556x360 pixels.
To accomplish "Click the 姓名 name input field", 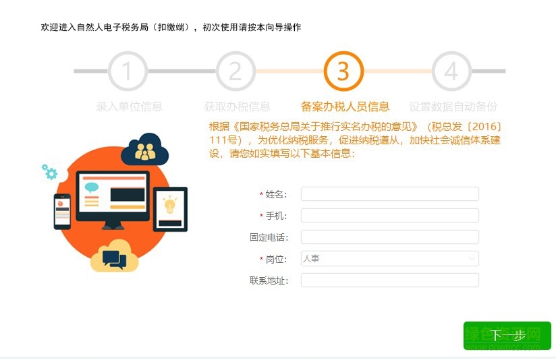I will tap(389, 194).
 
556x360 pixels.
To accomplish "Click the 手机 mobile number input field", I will tap(389, 216).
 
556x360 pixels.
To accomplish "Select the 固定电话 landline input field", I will tap(389, 237).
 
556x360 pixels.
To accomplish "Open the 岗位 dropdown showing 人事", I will tap(389, 258).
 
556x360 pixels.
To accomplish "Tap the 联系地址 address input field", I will tap(389, 280).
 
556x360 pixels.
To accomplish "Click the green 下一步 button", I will tap(507, 336).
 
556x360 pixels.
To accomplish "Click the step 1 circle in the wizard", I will tap(128, 71).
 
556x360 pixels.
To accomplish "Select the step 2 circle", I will tap(235, 71).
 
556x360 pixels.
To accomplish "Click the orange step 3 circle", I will tap(343, 71).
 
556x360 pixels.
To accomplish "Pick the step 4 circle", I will tap(451, 71).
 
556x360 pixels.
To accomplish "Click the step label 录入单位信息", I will tap(130, 107).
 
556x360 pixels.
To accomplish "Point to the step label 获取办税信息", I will tap(238, 107).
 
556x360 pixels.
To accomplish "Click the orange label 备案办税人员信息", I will tap(345, 107).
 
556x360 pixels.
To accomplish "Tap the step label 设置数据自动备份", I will tap(453, 107).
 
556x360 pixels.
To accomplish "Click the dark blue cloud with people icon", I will tap(144, 150).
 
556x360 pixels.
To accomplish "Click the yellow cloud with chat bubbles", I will tap(114, 256).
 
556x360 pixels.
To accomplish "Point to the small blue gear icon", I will tap(50, 172).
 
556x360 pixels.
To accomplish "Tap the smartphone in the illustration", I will tap(62, 210).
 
